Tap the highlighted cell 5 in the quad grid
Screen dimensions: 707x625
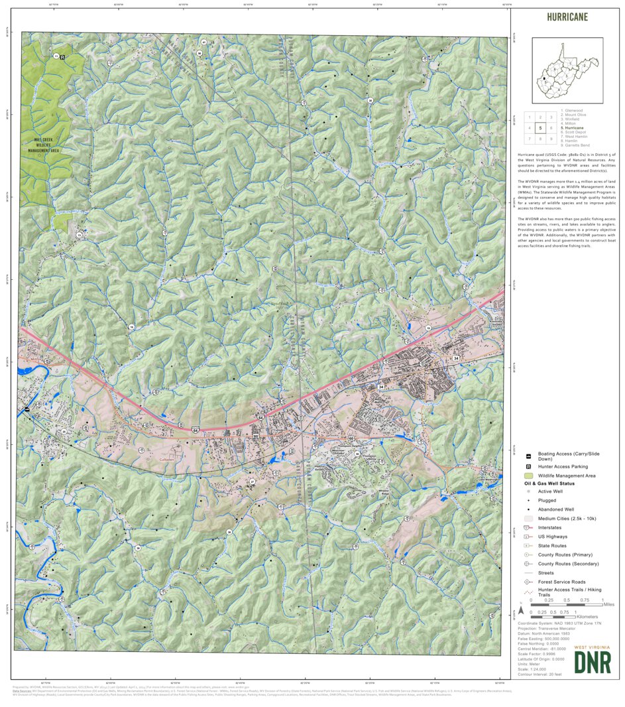[540, 128]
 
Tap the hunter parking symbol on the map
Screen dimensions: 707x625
[63, 58]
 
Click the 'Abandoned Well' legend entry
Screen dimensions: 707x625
[557, 509]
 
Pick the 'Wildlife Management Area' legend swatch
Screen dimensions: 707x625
[528, 476]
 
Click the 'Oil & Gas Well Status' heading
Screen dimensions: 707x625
[556, 483]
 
